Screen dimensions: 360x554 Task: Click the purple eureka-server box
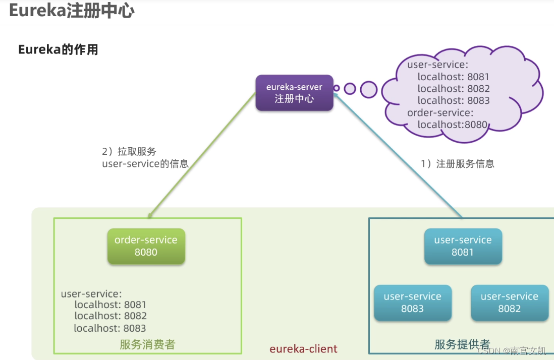click(294, 93)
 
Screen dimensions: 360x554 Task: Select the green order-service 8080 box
click(146, 246)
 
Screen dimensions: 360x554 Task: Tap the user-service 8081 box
click(463, 246)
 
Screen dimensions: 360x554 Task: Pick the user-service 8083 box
click(412, 303)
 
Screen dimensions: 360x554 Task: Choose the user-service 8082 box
click(509, 303)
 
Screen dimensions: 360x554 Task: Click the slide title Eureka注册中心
click(72, 11)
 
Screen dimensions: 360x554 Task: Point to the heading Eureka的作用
click(58, 49)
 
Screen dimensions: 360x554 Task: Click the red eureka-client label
click(303, 349)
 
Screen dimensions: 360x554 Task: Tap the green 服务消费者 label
click(147, 344)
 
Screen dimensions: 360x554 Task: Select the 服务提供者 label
click(462, 344)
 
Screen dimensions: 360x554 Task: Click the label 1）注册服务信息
click(458, 163)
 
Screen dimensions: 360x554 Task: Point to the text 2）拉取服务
click(129, 151)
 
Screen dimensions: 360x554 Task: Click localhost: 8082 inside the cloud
click(454, 89)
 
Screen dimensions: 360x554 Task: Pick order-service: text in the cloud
click(440, 112)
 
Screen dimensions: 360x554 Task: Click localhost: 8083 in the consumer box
click(110, 328)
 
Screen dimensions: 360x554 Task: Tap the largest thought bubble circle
click(369, 89)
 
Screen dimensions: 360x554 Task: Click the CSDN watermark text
click(511, 351)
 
